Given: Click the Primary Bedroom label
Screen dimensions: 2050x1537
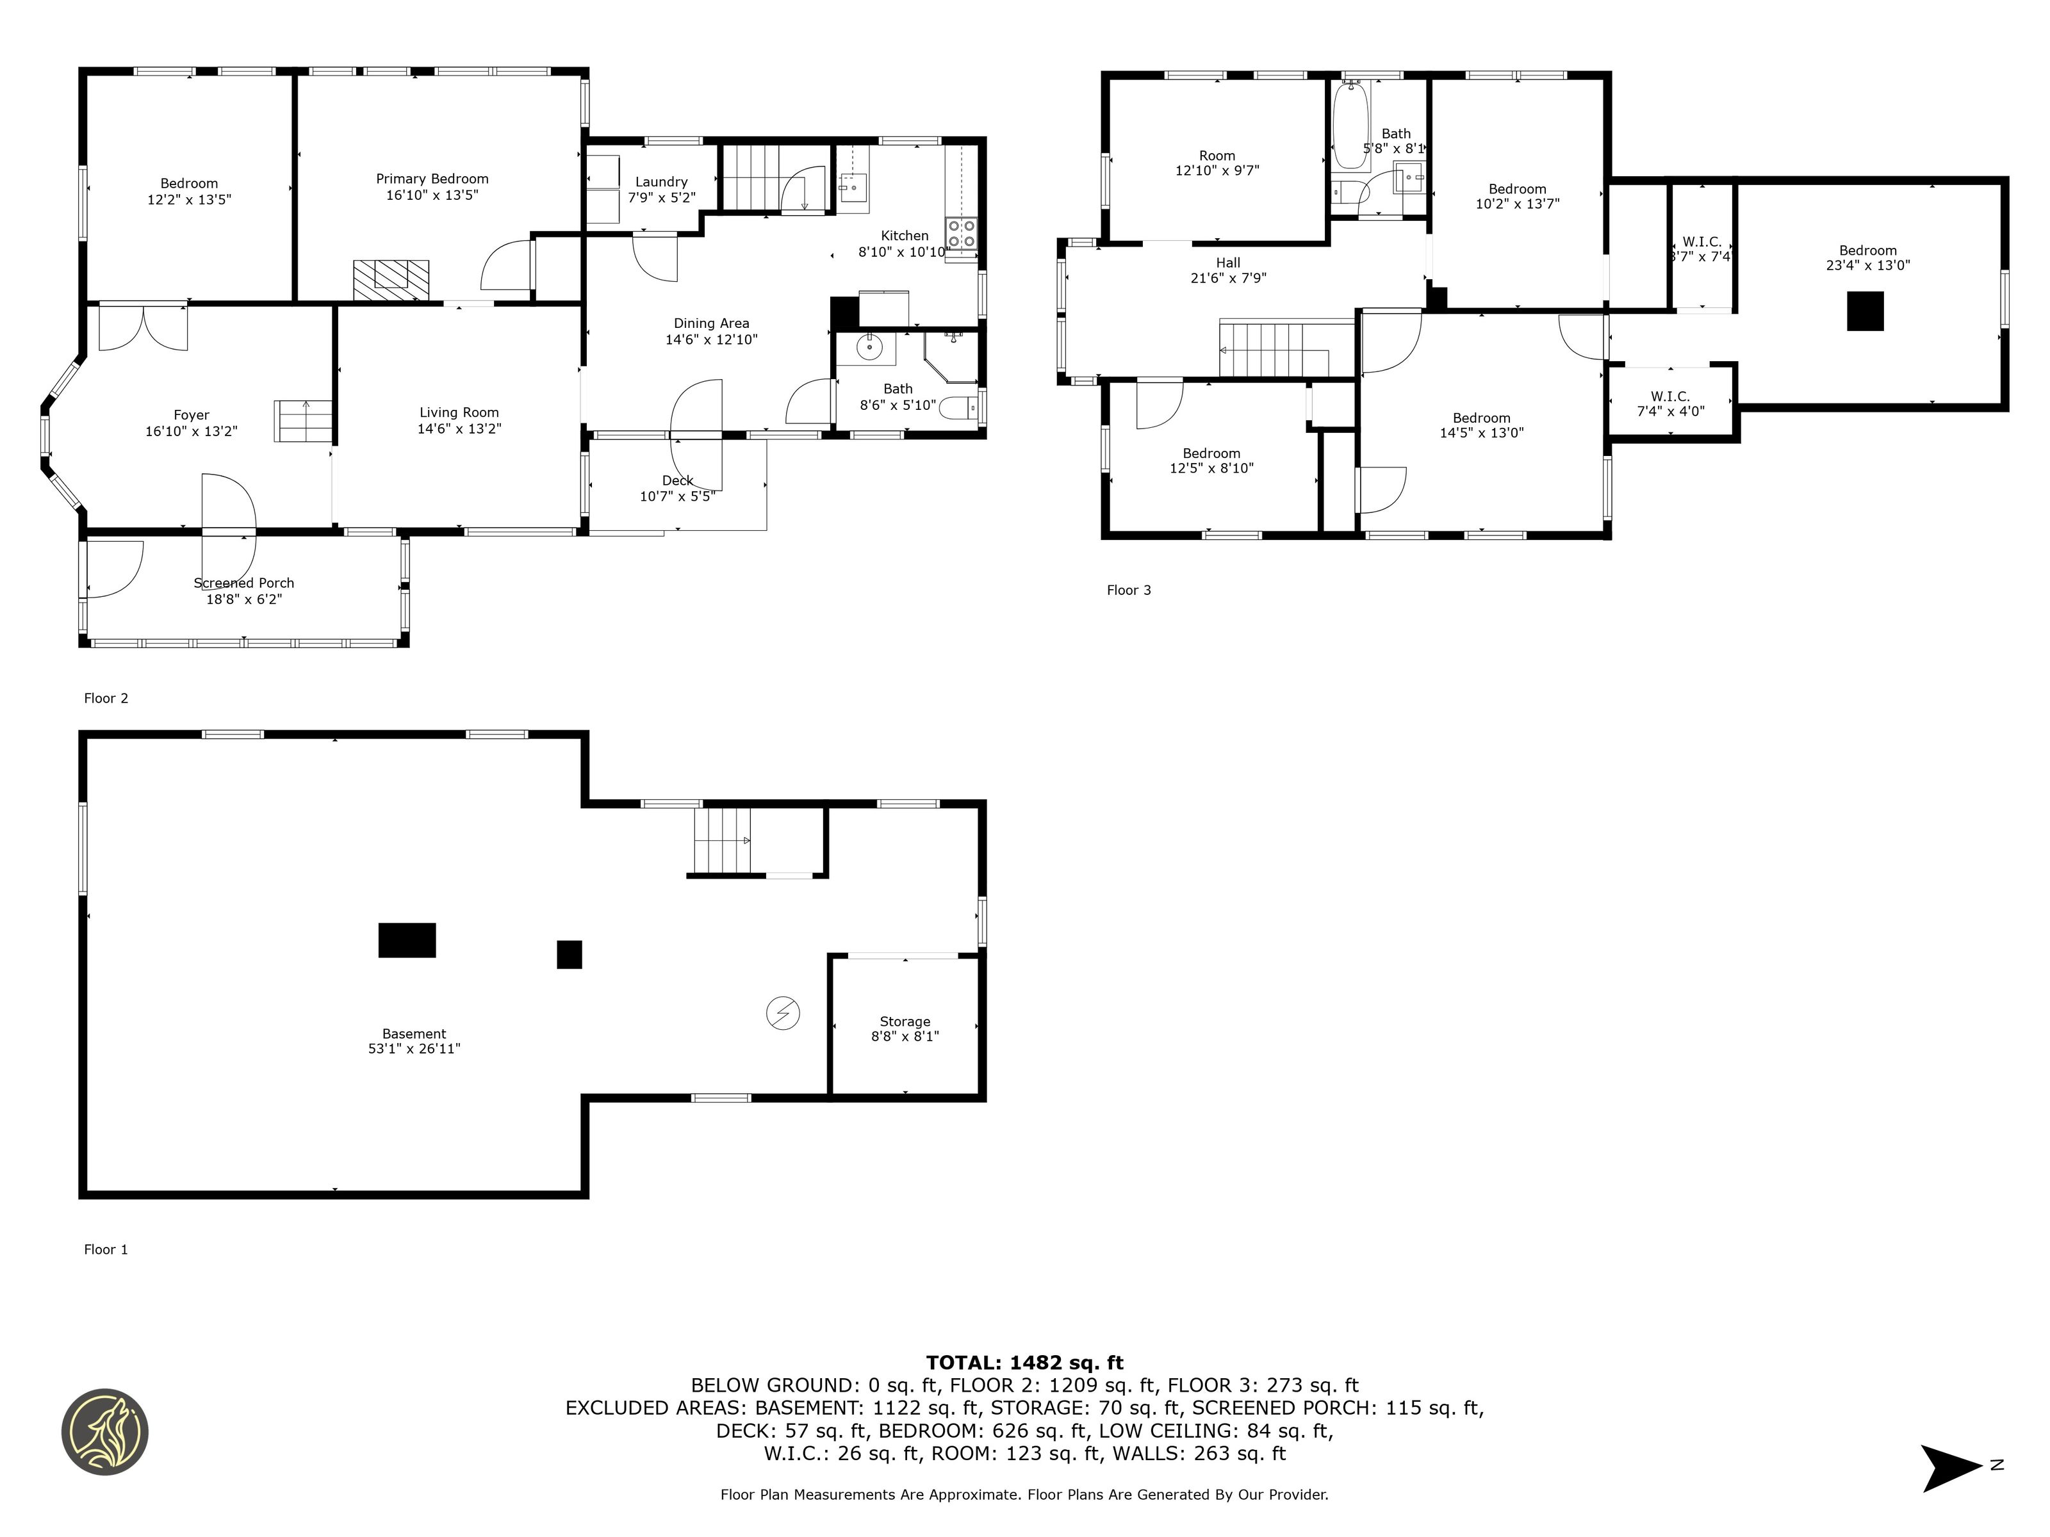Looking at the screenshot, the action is (x=432, y=179).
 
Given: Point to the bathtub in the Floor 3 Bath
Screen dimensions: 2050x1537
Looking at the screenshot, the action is (x=1350, y=125).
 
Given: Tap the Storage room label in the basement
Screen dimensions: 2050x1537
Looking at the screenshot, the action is (x=905, y=1021).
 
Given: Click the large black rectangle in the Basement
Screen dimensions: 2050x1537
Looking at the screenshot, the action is (x=407, y=939).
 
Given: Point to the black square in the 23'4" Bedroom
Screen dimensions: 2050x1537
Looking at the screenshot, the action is (x=1865, y=311).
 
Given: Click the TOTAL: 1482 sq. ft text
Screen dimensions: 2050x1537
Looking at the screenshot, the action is (x=1024, y=1362).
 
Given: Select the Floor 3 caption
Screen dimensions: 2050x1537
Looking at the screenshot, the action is (x=1129, y=590).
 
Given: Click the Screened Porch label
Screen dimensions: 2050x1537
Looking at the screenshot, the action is (x=243, y=583).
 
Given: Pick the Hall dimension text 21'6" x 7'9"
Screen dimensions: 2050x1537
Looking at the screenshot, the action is (x=1228, y=278).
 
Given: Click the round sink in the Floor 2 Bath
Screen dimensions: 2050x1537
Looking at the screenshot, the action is (x=869, y=347).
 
